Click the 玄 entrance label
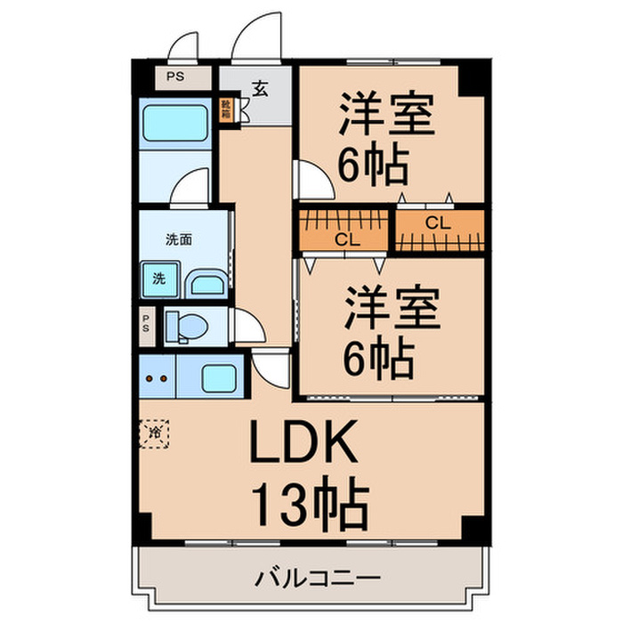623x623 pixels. coord(260,88)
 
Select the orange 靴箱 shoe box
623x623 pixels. coord(227,109)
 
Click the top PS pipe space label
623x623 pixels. coord(174,77)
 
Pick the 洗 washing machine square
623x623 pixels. coord(159,277)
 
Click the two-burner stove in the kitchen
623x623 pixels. coord(156,377)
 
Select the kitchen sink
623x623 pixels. coord(218,377)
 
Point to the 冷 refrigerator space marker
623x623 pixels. coord(155,433)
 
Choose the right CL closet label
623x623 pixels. coord(437,222)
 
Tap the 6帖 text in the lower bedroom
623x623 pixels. coord(377,360)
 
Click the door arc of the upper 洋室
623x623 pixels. coord(314,178)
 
